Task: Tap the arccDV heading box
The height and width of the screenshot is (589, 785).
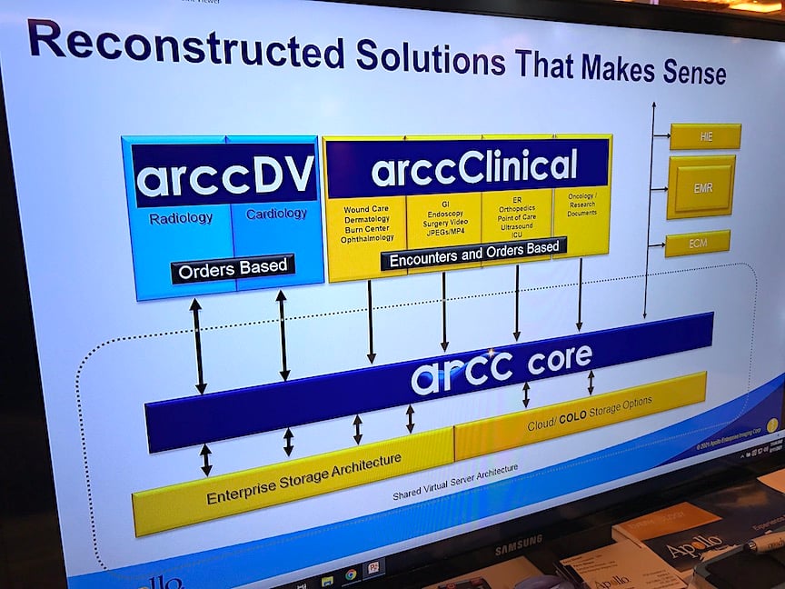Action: coord(224,175)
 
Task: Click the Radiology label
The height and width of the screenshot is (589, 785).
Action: coord(181,218)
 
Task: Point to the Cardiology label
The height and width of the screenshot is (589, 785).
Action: coord(276,215)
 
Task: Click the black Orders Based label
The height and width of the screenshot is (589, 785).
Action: coord(233,268)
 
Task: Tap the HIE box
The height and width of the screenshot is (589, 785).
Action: coord(705,136)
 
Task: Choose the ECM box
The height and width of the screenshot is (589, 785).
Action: coord(697,243)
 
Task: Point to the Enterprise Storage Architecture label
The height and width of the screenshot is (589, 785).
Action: coord(303,479)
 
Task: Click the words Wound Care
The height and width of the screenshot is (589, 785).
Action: coord(366,210)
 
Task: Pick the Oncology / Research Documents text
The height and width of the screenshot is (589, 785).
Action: coord(581,204)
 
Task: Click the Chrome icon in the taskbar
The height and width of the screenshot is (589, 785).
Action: coord(350,574)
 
